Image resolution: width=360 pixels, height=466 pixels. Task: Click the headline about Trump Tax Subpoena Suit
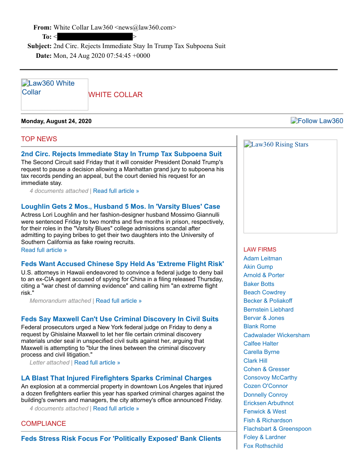(x=121, y=154)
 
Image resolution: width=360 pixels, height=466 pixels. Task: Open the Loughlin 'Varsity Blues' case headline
(x=120, y=207)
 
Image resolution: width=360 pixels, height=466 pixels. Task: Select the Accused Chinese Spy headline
(x=122, y=264)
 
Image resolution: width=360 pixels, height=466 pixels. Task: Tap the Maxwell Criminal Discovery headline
(x=120, y=319)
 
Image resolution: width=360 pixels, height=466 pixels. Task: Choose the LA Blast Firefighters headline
(x=116, y=378)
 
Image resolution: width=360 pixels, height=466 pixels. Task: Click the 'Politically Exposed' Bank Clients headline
(x=121, y=439)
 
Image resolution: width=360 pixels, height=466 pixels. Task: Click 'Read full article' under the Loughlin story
(x=44, y=250)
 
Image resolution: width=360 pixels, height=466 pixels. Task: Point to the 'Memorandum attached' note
(x=60, y=301)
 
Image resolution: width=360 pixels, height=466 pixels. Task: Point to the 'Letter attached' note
(x=49, y=363)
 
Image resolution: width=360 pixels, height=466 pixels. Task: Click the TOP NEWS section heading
(x=39, y=139)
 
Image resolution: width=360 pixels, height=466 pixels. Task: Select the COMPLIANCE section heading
(x=43, y=424)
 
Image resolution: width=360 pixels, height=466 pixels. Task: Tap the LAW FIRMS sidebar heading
(x=260, y=250)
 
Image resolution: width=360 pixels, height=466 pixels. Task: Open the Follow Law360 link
(x=317, y=121)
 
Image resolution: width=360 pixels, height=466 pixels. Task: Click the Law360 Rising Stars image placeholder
(x=290, y=186)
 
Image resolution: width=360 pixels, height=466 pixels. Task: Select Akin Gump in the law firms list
(x=258, y=267)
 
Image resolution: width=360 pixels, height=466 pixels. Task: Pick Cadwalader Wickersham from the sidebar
(x=277, y=335)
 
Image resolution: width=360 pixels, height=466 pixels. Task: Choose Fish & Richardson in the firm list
(x=268, y=420)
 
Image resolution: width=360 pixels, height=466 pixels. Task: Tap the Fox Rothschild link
(x=263, y=446)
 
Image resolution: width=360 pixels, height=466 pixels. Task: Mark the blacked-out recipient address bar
(x=95, y=37)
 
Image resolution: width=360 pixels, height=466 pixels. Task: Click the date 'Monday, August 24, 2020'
(x=56, y=121)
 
